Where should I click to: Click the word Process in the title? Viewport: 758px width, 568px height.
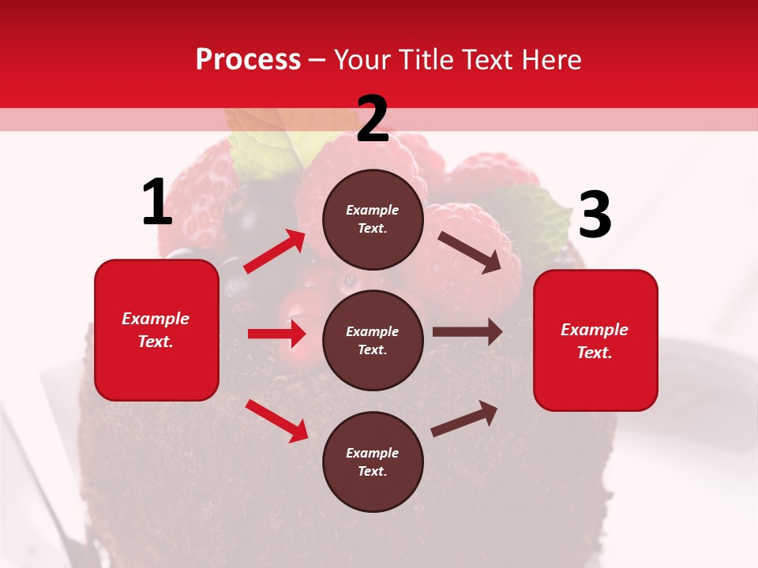coord(248,59)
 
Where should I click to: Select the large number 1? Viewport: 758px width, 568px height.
coord(157,203)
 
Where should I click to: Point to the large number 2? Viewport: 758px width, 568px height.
coord(373,119)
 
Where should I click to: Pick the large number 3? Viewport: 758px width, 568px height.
coord(595,215)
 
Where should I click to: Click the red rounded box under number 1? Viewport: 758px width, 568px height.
coord(156,330)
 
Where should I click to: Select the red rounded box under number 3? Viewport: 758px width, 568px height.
coord(595,340)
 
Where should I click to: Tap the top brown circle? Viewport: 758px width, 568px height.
coord(373,219)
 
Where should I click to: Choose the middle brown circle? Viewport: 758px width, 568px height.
coord(373,340)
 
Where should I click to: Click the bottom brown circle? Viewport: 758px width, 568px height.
coord(373,461)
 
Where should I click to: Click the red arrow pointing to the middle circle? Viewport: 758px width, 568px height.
coord(276,334)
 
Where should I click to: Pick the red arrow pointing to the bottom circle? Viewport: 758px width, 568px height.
coord(276,420)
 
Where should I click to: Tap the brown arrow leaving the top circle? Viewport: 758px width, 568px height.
coord(469,252)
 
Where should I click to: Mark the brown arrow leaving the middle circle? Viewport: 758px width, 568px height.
coord(467,332)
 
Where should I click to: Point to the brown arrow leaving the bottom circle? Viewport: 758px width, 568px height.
coord(464,418)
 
